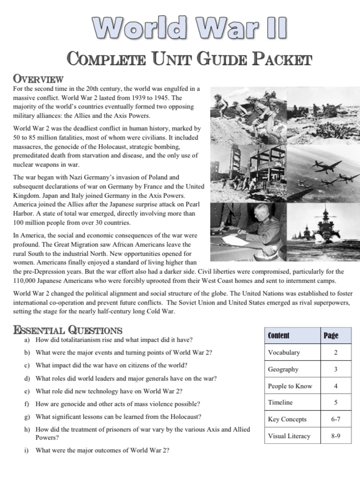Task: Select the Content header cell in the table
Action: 278,335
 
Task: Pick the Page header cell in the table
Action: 331,335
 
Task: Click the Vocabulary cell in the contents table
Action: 284,353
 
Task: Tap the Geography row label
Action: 283,369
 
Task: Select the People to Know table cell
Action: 290,386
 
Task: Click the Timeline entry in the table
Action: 280,402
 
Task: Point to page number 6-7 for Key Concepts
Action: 336,419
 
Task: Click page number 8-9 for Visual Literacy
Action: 336,436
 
